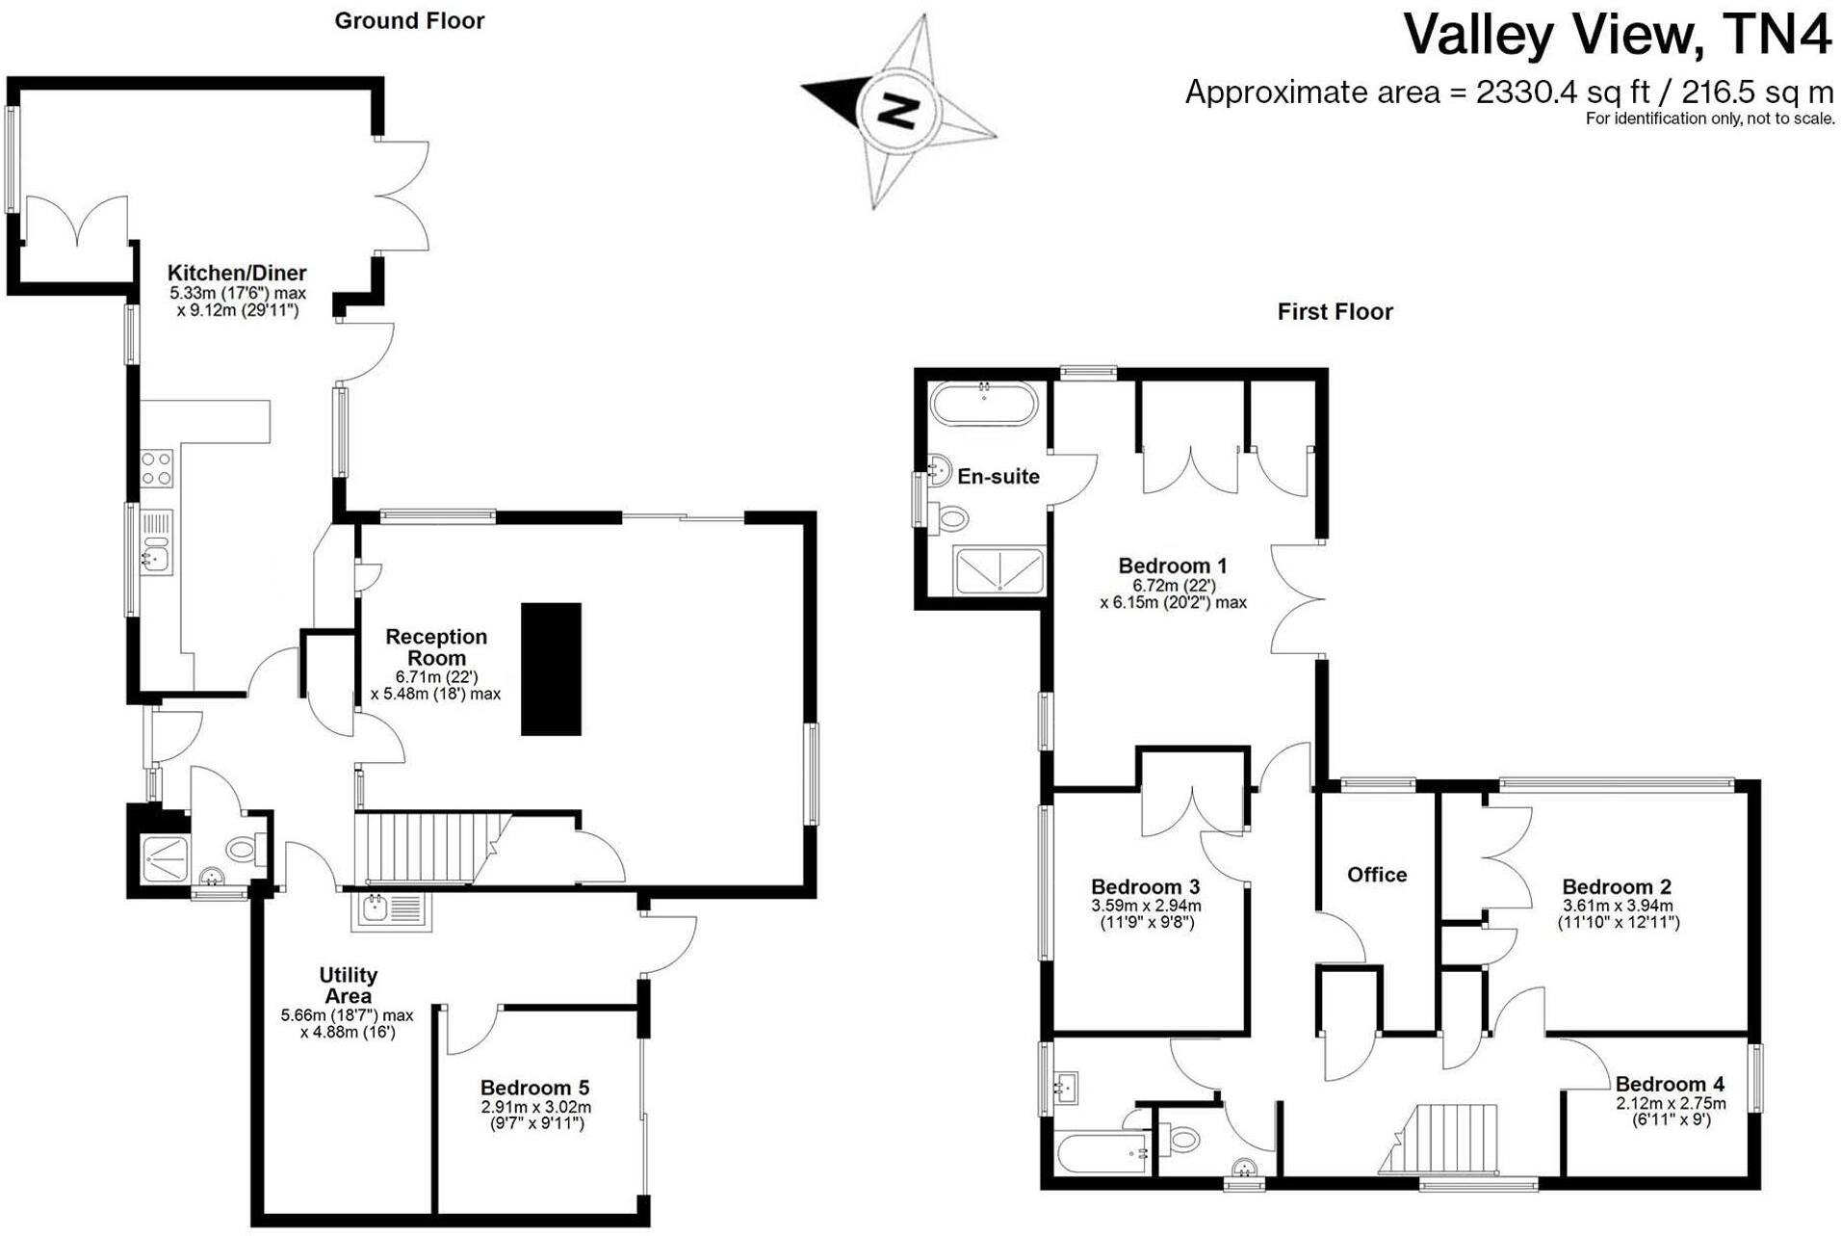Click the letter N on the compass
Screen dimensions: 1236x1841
898,109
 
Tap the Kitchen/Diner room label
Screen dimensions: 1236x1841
237,273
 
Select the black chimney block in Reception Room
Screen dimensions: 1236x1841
551,669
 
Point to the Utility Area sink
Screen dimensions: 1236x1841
390,909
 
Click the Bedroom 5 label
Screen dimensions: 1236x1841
534,1088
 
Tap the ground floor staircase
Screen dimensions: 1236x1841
424,848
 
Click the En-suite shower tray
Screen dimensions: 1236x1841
998,570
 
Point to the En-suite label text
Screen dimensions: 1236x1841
998,476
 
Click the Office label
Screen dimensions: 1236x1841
1376,875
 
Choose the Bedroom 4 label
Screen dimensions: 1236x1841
1670,1084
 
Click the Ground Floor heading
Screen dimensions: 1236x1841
409,21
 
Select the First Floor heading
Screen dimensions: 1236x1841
1335,312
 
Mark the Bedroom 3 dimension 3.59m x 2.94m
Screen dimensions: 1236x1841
1146,906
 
